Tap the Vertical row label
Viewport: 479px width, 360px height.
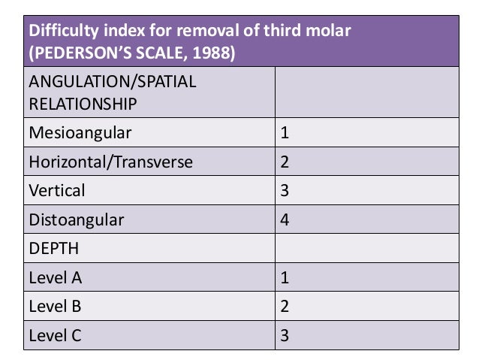coord(56,190)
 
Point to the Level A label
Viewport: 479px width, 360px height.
coord(55,277)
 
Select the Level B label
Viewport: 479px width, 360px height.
coord(55,306)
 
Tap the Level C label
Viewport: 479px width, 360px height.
coord(55,335)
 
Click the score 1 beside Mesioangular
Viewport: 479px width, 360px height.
coord(285,133)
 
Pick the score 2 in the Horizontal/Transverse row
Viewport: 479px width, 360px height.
coord(285,162)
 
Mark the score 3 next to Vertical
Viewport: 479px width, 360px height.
coord(285,190)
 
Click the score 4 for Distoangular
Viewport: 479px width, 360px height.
coord(285,219)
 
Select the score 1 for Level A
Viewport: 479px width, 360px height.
coord(285,277)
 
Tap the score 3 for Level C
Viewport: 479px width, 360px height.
coord(285,335)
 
